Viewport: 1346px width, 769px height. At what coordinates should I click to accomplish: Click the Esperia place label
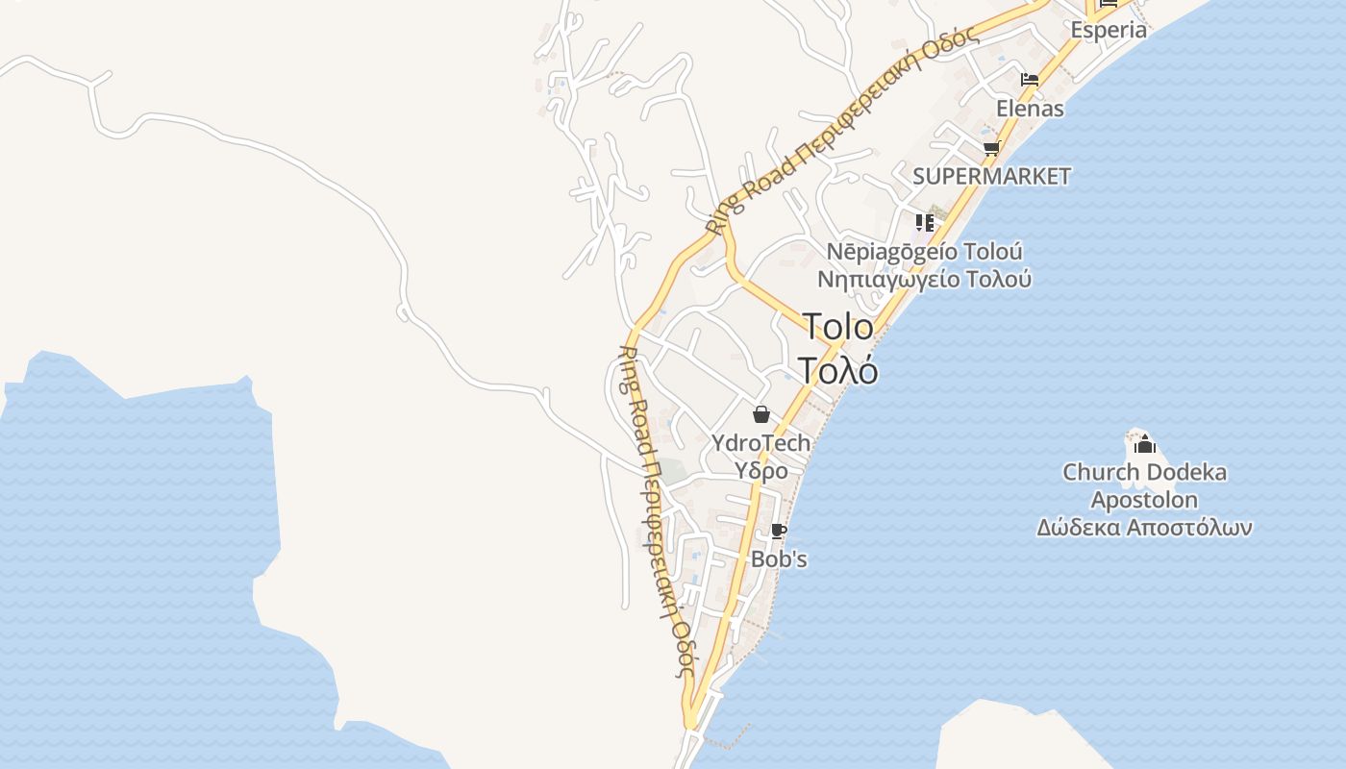1109,30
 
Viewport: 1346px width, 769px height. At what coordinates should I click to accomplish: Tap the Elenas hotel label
1030,109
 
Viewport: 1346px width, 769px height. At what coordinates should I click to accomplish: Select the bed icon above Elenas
1030,80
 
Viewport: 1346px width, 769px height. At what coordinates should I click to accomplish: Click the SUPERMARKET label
991,177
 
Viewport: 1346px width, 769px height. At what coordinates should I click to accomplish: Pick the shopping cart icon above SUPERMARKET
991,148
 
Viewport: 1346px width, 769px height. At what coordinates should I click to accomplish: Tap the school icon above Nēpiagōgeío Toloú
925,223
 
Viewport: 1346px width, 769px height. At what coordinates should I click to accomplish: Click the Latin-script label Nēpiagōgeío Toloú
925,252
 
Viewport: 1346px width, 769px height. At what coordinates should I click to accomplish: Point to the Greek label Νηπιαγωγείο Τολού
925,280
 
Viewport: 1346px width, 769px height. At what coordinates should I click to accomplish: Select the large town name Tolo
838,327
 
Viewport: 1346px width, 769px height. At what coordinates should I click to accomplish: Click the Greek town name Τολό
838,370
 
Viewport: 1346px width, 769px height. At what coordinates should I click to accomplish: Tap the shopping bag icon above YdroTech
761,414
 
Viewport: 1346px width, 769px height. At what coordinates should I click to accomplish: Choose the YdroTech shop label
761,443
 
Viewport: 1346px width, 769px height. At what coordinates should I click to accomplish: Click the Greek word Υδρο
761,471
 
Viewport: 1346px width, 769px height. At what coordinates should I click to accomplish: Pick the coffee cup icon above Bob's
779,531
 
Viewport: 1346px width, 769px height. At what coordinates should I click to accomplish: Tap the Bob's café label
779,558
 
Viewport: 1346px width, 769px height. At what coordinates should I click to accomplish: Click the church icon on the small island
1144,444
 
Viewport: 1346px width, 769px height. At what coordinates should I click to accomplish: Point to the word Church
1097,473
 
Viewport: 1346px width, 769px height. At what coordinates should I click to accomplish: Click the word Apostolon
1144,500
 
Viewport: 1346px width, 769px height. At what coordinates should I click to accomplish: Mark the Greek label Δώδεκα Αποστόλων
1144,528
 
